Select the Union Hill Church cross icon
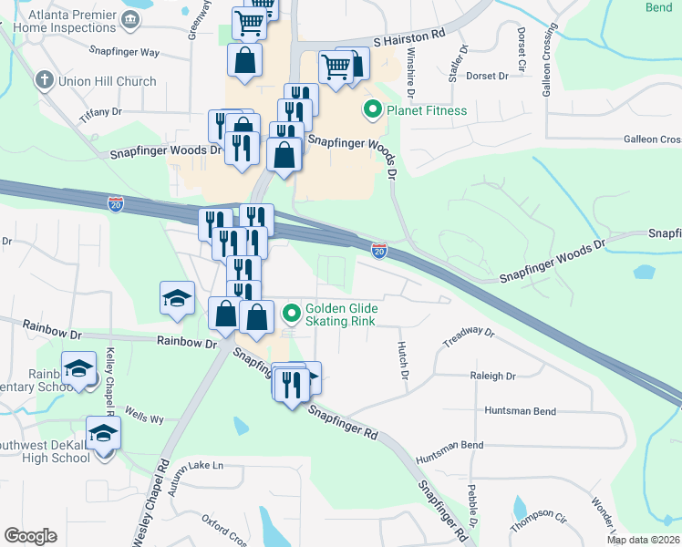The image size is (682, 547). (x=43, y=81)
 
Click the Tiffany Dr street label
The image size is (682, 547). (x=100, y=111)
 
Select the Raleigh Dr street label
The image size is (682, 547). (x=493, y=376)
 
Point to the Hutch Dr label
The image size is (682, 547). (x=402, y=356)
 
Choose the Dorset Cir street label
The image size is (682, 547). (x=522, y=47)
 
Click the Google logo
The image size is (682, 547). (x=30, y=536)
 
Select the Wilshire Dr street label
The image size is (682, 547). (x=411, y=73)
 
